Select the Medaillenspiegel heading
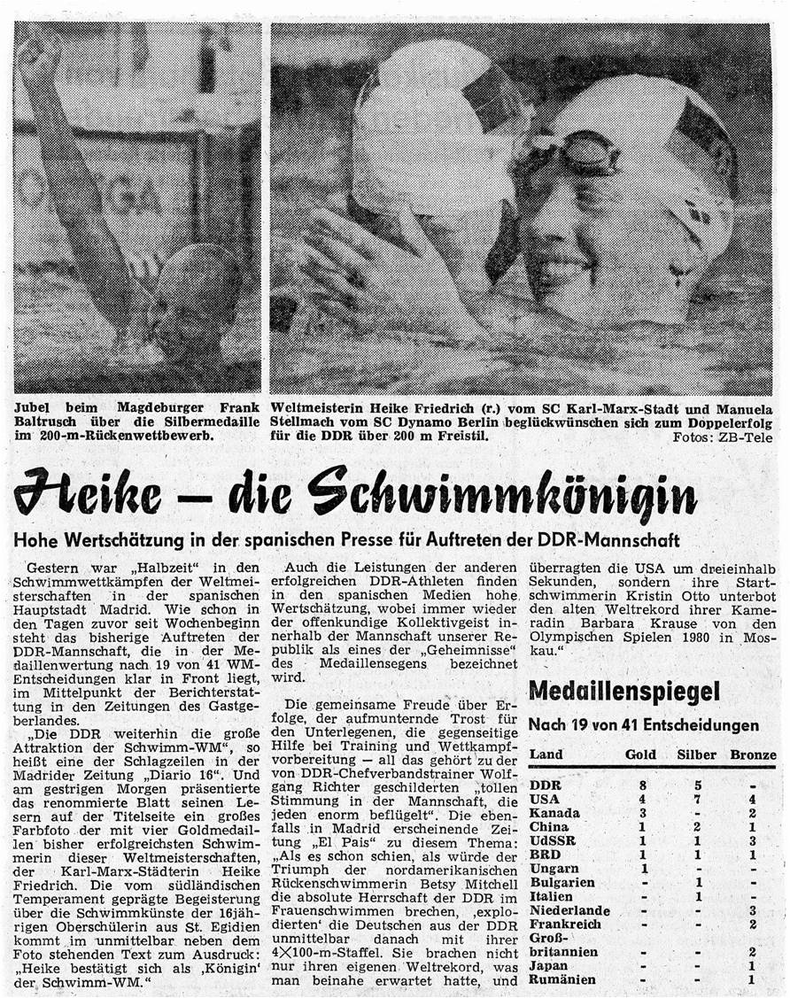pos(623,692)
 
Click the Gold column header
pos(640,755)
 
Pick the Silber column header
pos(696,755)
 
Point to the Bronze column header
pos(753,755)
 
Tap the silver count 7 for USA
pos(697,800)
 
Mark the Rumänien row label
pos(562,980)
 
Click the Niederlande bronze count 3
pos(752,910)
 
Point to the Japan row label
pos(549,966)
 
